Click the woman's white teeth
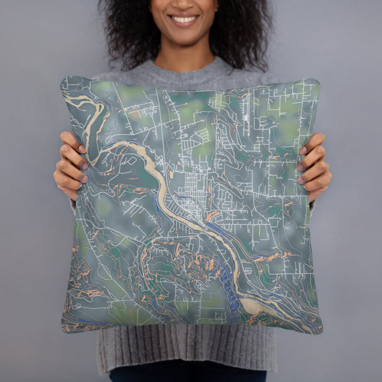(184, 19)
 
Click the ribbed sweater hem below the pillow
(186, 349)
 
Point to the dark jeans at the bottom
(186, 375)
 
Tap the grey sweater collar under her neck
(186, 68)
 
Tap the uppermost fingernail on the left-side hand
(82, 149)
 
